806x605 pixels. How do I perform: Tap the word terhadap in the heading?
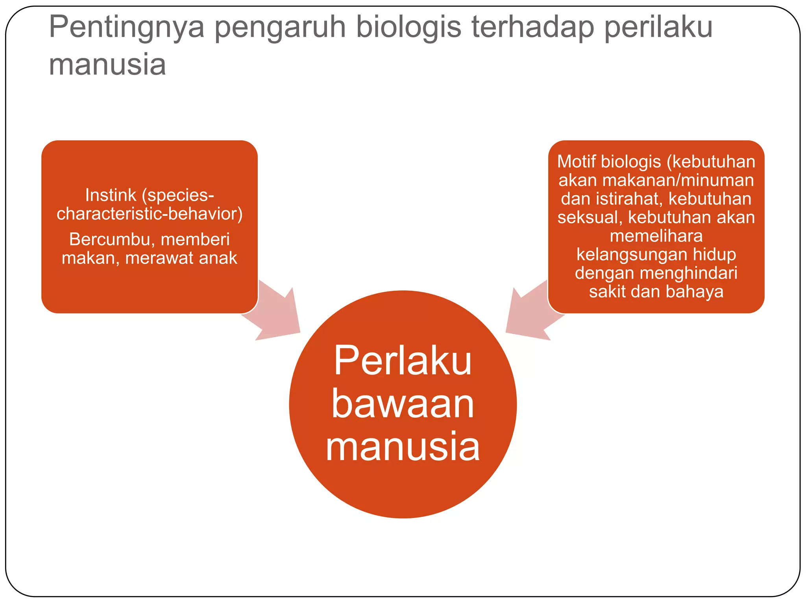(x=532, y=28)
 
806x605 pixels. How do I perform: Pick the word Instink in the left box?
(x=110, y=195)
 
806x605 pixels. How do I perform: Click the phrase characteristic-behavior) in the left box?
(x=150, y=214)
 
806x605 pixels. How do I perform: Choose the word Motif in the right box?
(x=575, y=162)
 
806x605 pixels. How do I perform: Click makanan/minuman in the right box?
(x=678, y=180)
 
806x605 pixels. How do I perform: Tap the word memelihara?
(x=656, y=236)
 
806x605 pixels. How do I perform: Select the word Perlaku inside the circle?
(x=403, y=360)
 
